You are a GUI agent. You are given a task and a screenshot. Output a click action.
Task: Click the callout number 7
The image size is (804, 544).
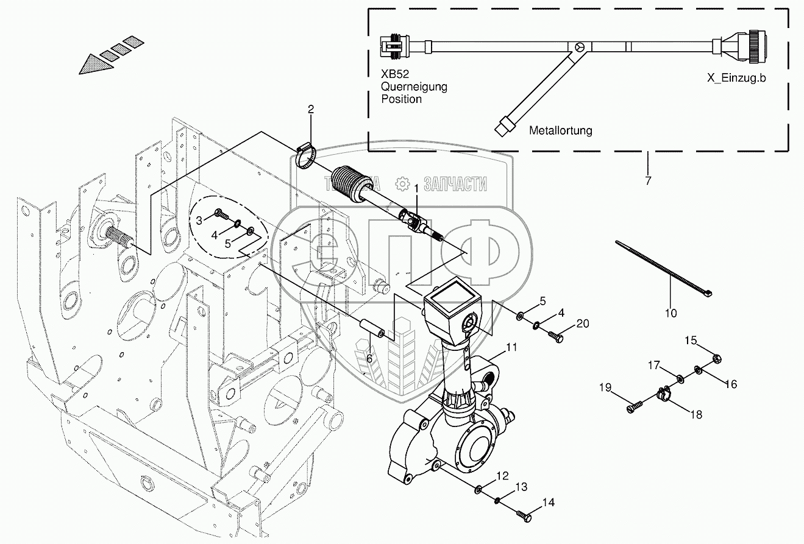(647, 181)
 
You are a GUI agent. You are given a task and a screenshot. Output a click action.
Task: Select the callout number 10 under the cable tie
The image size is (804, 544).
(671, 314)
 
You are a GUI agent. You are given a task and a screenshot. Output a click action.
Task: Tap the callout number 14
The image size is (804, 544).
(549, 503)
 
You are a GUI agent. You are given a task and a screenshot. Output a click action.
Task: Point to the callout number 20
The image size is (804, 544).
(583, 323)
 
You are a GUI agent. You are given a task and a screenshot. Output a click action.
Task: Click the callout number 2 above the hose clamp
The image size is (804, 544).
(311, 110)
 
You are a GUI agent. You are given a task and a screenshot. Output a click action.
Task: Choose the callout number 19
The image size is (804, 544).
(604, 387)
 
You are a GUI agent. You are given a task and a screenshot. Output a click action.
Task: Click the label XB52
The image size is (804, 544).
(394, 74)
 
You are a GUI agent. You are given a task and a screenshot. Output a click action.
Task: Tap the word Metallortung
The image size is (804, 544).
(560, 130)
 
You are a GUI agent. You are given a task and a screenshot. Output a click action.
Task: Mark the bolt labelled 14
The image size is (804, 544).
(525, 517)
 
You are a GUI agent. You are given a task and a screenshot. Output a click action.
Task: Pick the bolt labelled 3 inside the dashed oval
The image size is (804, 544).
(220, 215)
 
